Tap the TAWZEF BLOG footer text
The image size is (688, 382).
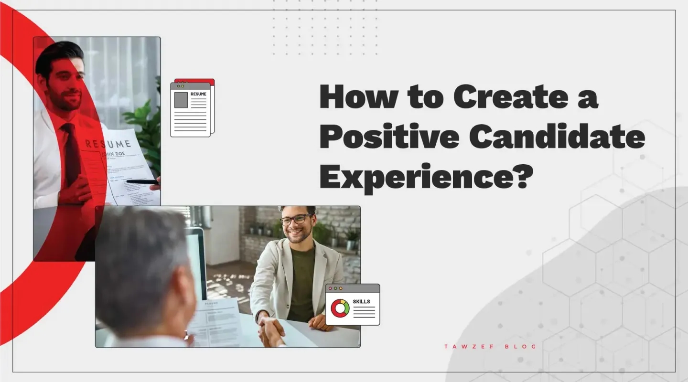pyautogui.click(x=490, y=347)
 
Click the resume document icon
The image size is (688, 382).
pyautogui.click(x=192, y=108)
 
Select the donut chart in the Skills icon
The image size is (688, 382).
pyautogui.click(x=340, y=308)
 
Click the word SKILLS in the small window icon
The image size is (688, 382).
pyautogui.click(x=361, y=302)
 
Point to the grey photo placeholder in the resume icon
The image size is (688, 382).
pyautogui.click(x=181, y=100)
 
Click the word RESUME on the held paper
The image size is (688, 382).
pyautogui.click(x=108, y=143)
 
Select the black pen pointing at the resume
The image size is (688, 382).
pyautogui.click(x=142, y=181)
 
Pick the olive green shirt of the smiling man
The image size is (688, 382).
pyautogui.click(x=302, y=282)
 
